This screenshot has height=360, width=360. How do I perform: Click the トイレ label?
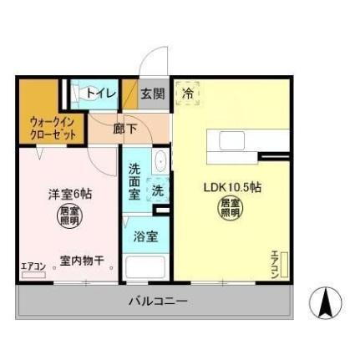tap(99, 94)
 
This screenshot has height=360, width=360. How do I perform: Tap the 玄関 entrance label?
tap(152, 94)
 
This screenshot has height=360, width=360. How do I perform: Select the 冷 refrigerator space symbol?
tap(187, 94)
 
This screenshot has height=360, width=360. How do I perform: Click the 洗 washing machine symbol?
tap(156, 190)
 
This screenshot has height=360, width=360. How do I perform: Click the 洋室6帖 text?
tap(69, 194)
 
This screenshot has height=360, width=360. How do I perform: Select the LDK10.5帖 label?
tap(233, 187)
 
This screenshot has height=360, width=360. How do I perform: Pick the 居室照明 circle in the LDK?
tap(230, 208)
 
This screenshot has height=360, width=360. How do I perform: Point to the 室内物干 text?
tap(82, 261)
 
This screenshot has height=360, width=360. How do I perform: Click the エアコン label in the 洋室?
tap(33, 266)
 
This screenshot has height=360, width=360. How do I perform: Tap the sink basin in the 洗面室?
tap(160, 161)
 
